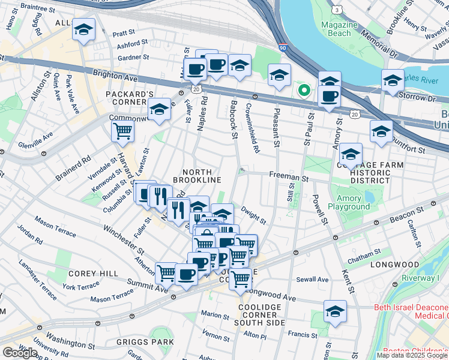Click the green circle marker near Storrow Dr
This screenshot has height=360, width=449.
pyautogui.click(x=304, y=91)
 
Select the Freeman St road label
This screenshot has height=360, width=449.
pyautogui.click(x=288, y=178)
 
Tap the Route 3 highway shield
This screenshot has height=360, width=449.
pyautogui.click(x=337, y=10)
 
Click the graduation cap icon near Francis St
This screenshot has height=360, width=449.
pyautogui.click(x=335, y=311)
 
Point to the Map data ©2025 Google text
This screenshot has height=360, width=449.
pyautogui.click(x=412, y=355)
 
